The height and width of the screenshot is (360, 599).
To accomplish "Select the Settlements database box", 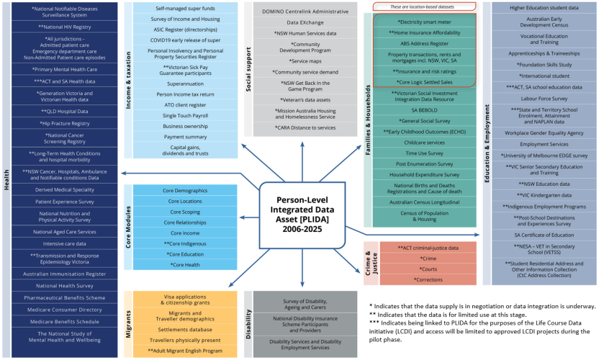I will point(186,329).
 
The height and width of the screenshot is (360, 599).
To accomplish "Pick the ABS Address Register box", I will point(423,43).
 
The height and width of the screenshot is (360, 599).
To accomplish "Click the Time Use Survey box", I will point(423,153).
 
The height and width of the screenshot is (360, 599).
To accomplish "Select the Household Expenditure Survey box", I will point(423,174).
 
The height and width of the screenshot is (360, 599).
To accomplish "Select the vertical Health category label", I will point(6,180).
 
